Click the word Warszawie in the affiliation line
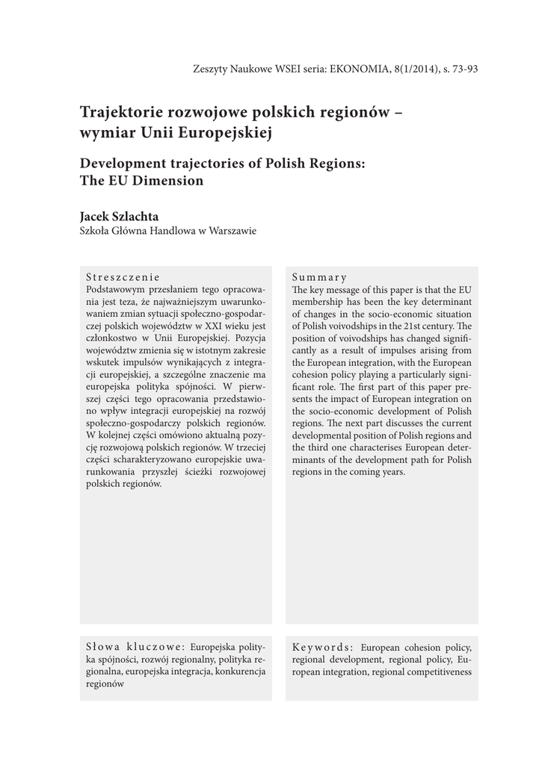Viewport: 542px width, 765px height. click(232, 231)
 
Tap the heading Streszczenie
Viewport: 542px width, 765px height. click(123, 276)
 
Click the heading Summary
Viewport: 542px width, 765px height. click(319, 277)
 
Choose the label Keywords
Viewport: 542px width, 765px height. click(322, 647)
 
